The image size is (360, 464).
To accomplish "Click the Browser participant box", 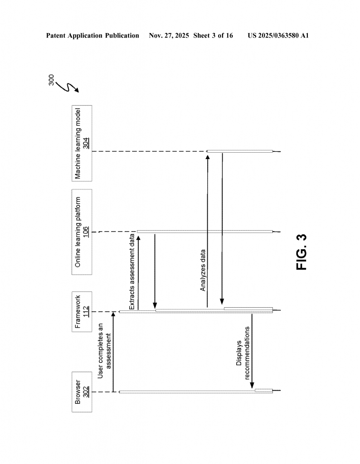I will [82, 391].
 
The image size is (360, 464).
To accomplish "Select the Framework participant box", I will [82, 312].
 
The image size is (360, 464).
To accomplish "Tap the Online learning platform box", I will [82, 232].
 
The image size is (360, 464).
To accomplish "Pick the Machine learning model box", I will [82, 150].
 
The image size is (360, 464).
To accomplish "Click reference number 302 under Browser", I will [86, 391].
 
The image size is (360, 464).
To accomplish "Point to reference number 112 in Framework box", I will [86, 312].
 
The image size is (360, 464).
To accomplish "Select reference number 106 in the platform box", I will [86, 232].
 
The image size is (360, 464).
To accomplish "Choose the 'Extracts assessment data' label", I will [132, 272].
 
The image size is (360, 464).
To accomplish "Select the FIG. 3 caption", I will [302, 252].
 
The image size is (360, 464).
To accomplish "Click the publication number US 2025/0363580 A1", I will [278, 35].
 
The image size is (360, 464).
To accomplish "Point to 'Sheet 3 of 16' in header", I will [213, 35].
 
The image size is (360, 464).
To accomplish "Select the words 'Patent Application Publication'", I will [92, 35].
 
